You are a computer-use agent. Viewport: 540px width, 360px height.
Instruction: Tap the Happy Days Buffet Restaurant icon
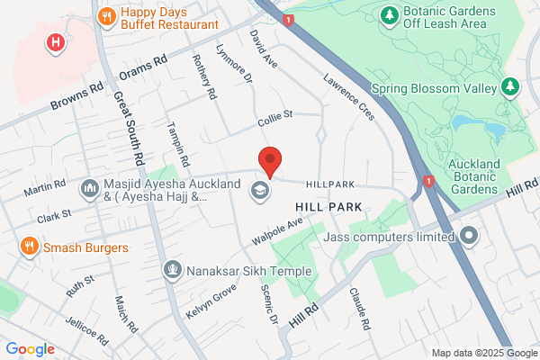(107, 15)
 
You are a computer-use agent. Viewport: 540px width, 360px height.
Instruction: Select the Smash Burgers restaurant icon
(30, 247)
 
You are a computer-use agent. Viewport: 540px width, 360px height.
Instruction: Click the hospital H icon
(57, 41)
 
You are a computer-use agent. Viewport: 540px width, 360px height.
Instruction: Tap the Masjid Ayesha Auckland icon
(89, 188)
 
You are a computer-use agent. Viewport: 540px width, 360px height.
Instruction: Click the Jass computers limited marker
(469, 237)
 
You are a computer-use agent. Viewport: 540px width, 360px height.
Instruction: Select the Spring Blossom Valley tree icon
(510, 87)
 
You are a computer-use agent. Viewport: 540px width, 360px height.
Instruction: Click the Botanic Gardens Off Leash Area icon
(389, 15)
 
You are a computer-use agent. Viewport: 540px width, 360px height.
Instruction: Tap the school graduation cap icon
(259, 190)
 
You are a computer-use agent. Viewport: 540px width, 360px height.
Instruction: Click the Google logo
(30, 349)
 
